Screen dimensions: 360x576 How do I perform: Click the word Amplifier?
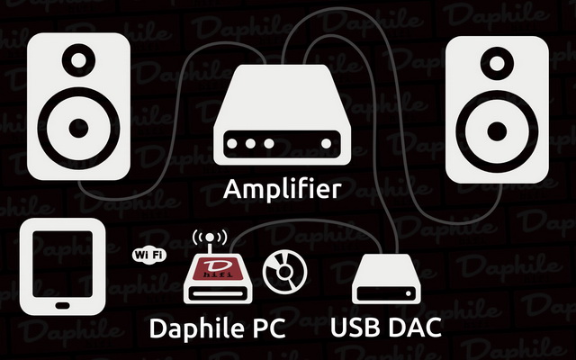click(282, 190)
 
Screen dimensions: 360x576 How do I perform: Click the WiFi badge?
click(148, 256)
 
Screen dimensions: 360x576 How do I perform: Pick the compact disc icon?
click(284, 267)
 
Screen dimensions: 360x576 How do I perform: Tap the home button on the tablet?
click(62, 306)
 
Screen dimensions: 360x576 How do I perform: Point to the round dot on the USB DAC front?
click(410, 293)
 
